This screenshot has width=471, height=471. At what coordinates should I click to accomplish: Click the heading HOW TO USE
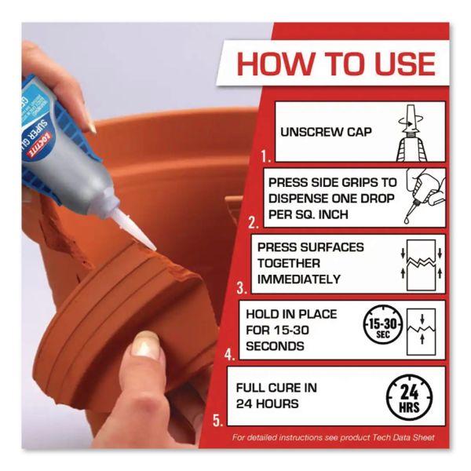pyautogui.click(x=336, y=64)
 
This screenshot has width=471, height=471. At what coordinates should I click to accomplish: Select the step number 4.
pyautogui.click(x=228, y=354)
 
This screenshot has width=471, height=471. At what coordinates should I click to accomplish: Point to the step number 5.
pyautogui.click(x=217, y=421)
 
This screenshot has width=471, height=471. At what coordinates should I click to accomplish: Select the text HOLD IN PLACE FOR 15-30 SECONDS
pyautogui.click(x=291, y=330)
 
